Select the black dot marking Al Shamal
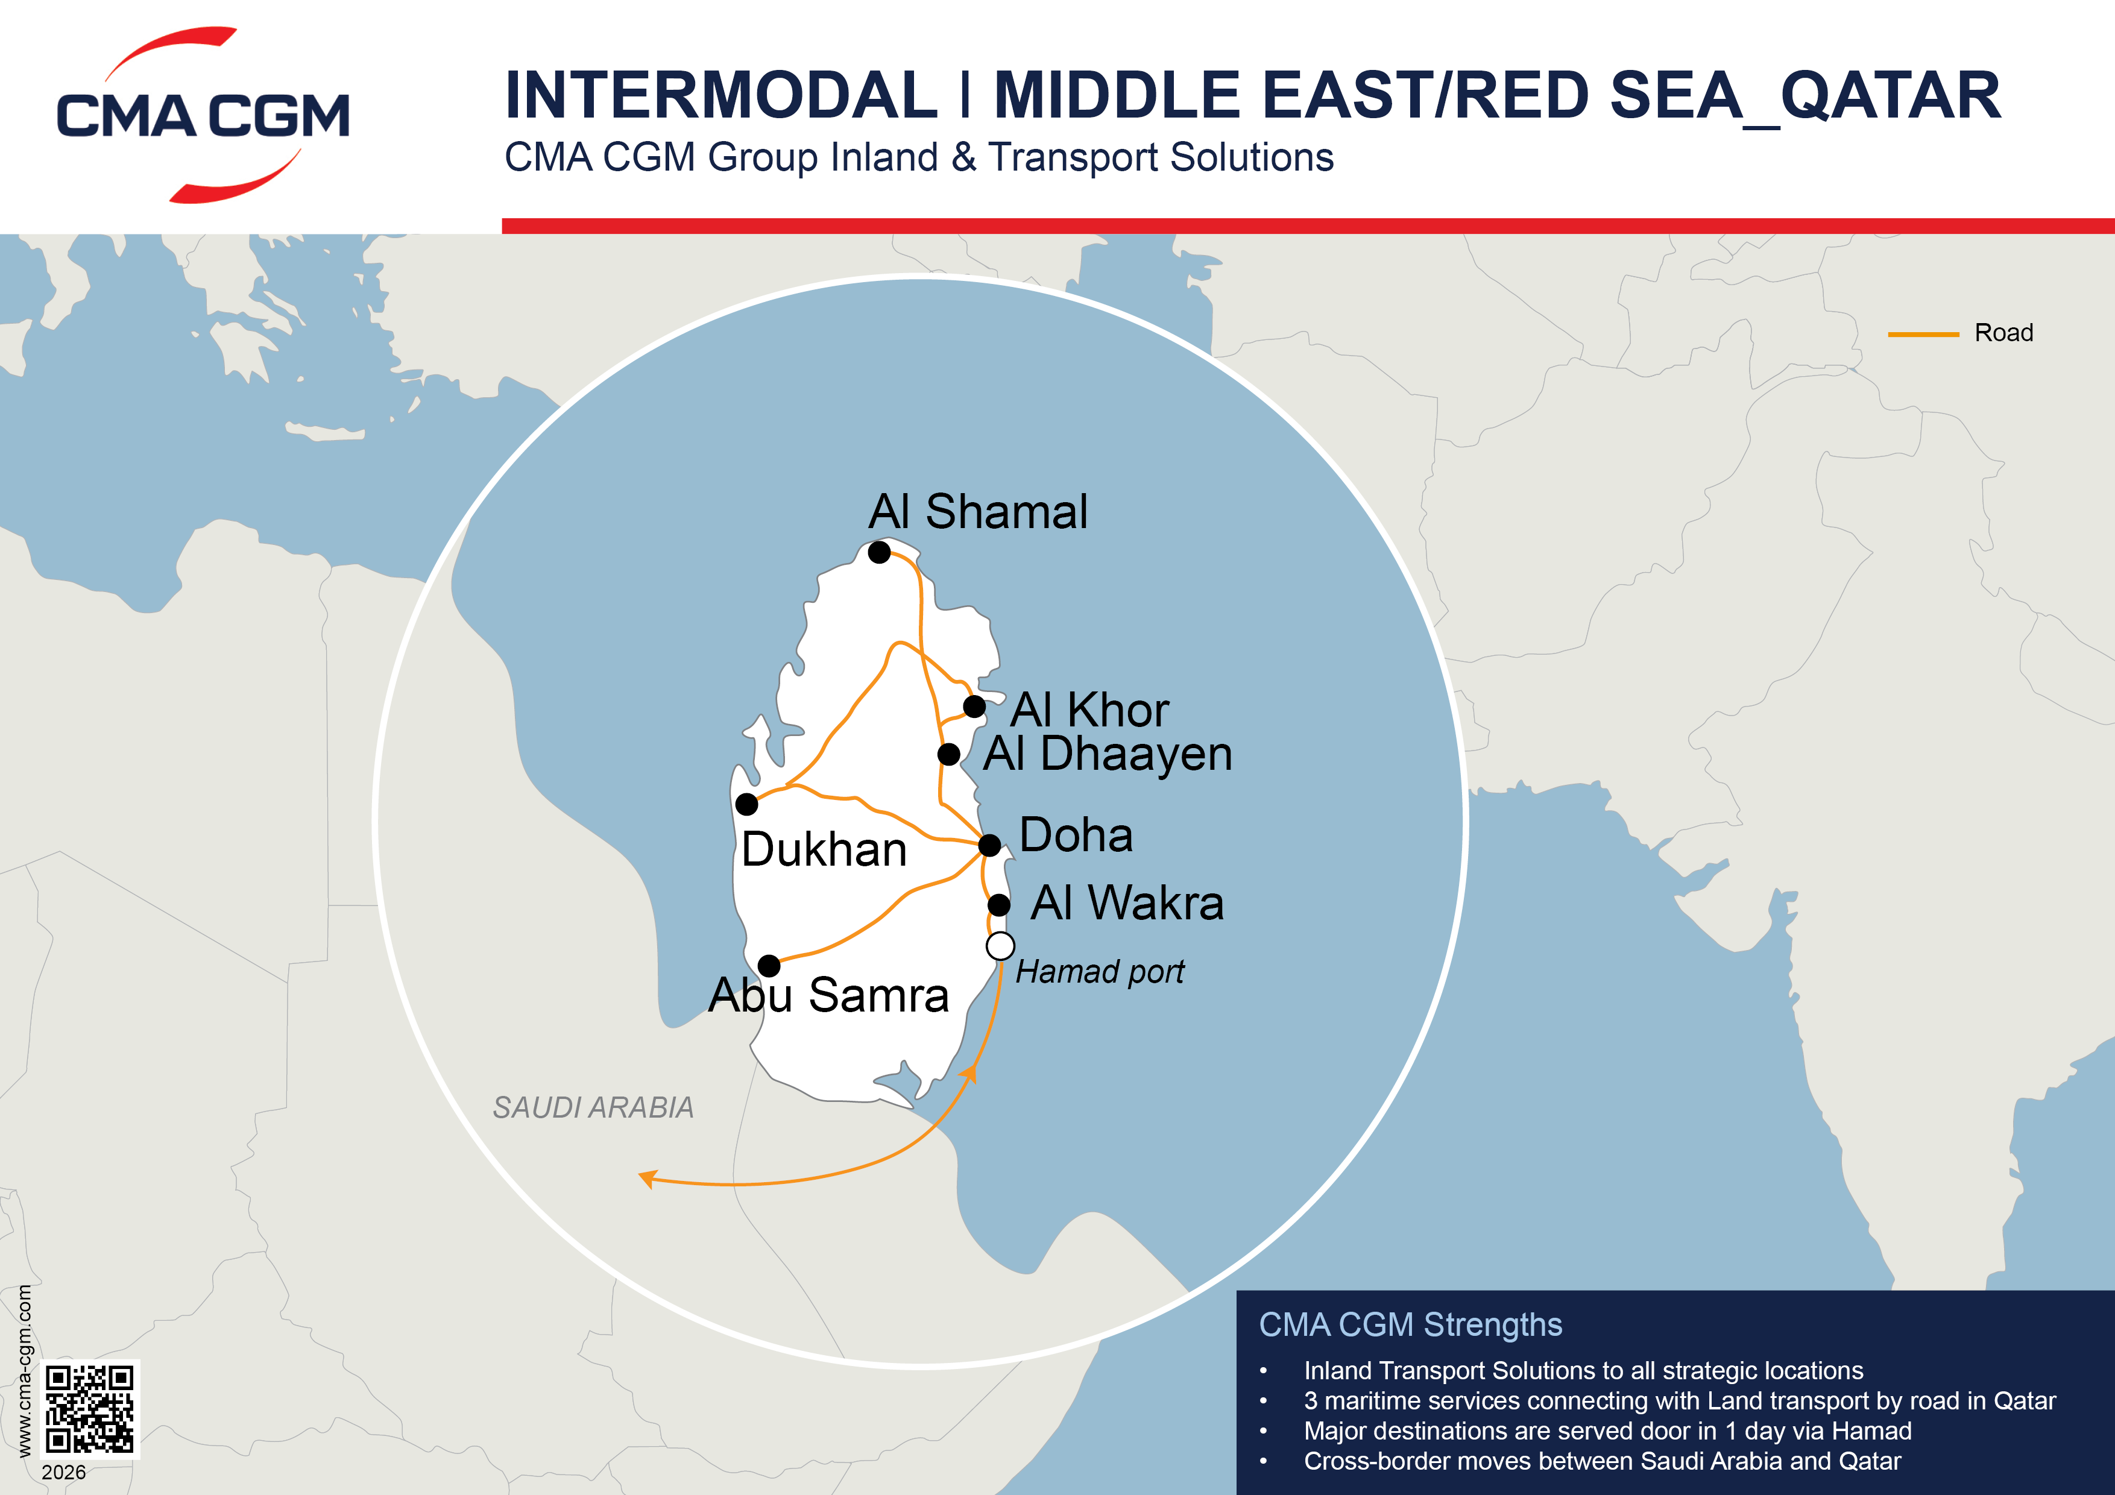pyautogui.click(x=879, y=553)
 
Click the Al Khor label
pyautogui.click(x=1089, y=710)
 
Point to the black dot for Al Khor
pyautogui.click(x=974, y=708)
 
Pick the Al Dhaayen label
pyautogui.click(x=1108, y=754)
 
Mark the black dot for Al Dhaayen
pyautogui.click(x=949, y=754)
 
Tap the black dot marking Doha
pyautogui.click(x=989, y=845)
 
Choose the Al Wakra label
pyautogui.click(x=1127, y=902)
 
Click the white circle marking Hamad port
pyautogui.click(x=1000, y=946)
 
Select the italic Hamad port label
pyautogui.click(x=1100, y=972)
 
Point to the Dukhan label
pyautogui.click(x=824, y=849)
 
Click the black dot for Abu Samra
pyautogui.click(x=769, y=965)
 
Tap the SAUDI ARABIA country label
pyautogui.click(x=593, y=1107)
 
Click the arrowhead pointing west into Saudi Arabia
pyautogui.click(x=648, y=1178)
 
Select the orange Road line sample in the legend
pyautogui.click(x=1923, y=335)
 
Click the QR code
pyautogui.click(x=90, y=1409)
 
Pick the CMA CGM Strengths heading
pyautogui.click(x=1410, y=1324)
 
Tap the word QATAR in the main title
pyautogui.click(x=1890, y=96)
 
